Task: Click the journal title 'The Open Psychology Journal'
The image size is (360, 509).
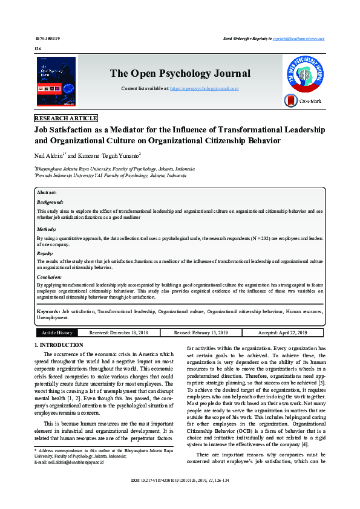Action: coord(180,74)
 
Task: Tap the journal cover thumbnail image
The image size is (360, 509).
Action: coord(56,82)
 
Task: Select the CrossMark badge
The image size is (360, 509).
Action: coord(304,101)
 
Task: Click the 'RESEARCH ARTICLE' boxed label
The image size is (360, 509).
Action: coord(65,118)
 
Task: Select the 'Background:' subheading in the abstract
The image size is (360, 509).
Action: coord(50,202)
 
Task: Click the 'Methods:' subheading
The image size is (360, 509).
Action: coord(47,230)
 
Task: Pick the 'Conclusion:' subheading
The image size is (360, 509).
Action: coord(49,276)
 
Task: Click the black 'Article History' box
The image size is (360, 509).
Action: coord(57,332)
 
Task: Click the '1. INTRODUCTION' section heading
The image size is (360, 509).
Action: coord(59,345)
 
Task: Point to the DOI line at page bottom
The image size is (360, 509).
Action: coord(179,498)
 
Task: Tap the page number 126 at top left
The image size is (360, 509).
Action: coord(38,48)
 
